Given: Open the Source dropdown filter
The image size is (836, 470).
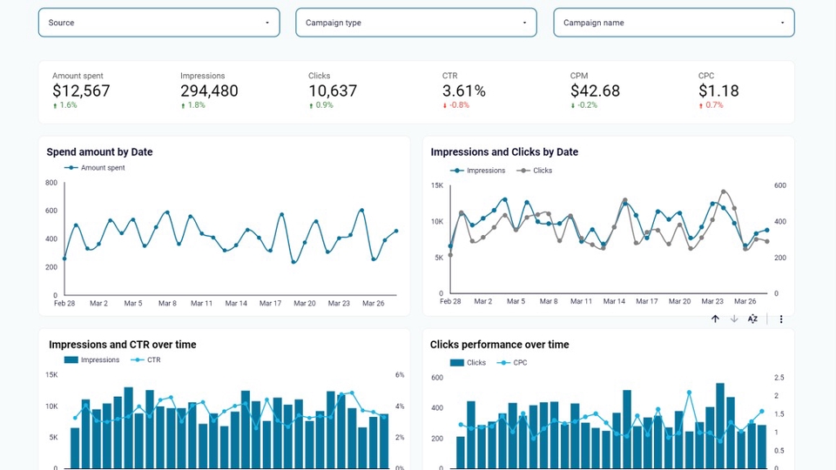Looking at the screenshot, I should (158, 23).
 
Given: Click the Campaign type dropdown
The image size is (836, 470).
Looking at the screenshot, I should (416, 23).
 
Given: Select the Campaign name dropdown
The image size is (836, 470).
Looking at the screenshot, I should (674, 23).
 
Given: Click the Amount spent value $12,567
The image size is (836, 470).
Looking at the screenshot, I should (81, 91).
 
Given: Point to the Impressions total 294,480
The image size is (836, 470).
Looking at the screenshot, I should (209, 91).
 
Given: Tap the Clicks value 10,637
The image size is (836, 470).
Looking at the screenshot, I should (333, 91).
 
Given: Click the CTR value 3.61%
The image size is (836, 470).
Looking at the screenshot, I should (464, 91).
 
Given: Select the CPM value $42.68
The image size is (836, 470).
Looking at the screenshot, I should (595, 91).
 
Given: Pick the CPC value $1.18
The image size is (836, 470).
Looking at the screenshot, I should (718, 91).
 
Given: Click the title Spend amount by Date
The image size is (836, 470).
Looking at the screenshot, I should (99, 152).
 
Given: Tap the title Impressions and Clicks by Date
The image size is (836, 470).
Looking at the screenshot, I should (504, 152).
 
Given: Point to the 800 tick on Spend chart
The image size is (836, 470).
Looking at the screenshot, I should (51, 183).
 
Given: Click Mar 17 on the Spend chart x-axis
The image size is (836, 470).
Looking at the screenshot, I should (270, 304).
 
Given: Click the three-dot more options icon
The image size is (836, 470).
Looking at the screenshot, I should (781, 319).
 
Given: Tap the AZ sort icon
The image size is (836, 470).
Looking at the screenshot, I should (752, 319).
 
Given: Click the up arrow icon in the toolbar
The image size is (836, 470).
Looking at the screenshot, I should (715, 319).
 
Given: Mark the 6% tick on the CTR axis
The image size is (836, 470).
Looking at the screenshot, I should (400, 375).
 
